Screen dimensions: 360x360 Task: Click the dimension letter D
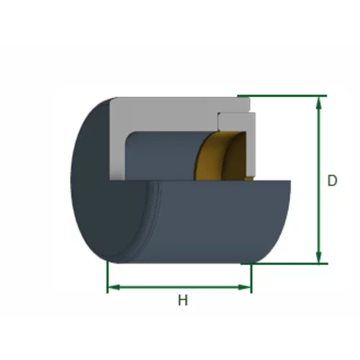(333, 181)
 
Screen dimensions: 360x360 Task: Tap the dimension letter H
(183, 300)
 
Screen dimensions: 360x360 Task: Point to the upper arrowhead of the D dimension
(318, 103)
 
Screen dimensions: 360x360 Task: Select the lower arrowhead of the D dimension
(318, 256)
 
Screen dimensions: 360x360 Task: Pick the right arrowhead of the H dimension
(244, 287)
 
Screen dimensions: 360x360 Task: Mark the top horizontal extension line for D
(282, 96)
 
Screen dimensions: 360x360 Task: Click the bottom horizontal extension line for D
(284, 264)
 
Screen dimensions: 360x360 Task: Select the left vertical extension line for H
(107, 277)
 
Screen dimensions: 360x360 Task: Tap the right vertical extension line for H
(251, 279)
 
